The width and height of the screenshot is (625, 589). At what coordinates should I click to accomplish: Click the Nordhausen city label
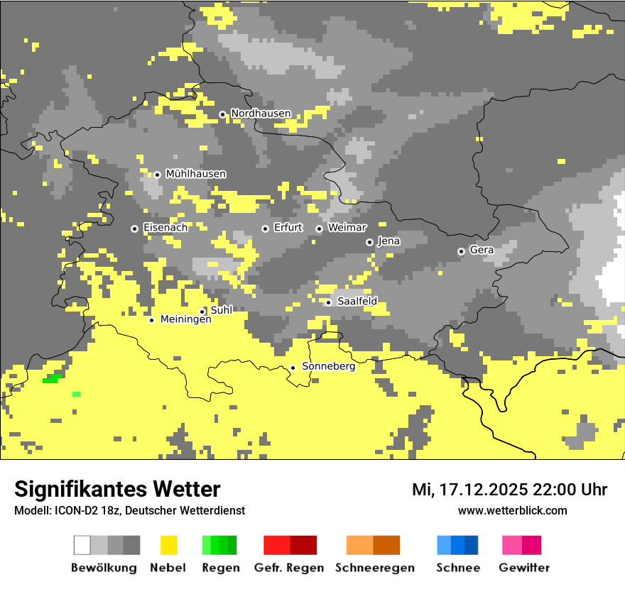click(x=261, y=114)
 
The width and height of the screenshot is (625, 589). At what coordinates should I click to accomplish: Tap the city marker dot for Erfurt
click(x=265, y=229)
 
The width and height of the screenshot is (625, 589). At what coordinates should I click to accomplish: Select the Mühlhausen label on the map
click(x=195, y=174)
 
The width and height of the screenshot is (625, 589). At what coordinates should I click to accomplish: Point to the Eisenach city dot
click(x=134, y=229)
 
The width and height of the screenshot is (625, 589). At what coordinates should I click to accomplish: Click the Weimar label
click(x=347, y=228)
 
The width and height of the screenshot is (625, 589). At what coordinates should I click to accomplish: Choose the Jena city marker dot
click(x=369, y=242)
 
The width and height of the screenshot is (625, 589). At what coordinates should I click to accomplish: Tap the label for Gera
click(x=482, y=251)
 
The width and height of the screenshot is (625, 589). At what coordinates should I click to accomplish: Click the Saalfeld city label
click(x=357, y=302)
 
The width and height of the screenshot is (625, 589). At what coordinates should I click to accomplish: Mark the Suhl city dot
click(x=202, y=312)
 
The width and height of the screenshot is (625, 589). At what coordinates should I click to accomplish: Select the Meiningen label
click(x=185, y=320)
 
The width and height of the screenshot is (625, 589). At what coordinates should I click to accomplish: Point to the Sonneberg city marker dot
click(x=293, y=368)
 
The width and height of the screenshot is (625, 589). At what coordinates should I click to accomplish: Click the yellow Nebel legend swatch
click(x=169, y=545)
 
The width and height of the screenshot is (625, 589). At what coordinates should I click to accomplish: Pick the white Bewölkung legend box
click(x=82, y=545)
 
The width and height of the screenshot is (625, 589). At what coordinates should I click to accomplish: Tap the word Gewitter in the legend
click(x=524, y=568)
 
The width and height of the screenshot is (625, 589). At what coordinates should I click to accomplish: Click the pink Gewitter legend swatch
click(x=512, y=545)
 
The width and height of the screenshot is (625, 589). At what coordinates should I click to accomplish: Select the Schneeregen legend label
click(x=375, y=568)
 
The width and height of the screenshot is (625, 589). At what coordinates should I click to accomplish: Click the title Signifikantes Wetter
click(x=117, y=490)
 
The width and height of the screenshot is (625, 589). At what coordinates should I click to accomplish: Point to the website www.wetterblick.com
click(x=512, y=511)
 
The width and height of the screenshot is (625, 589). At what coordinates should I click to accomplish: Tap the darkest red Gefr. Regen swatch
click(x=303, y=545)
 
